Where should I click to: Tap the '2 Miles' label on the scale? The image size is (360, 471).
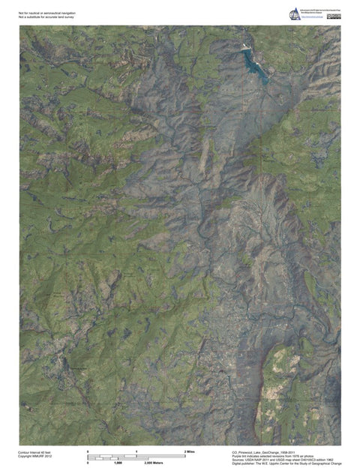190,451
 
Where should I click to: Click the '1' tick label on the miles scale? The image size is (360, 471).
136,451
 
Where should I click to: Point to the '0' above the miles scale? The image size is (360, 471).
88,451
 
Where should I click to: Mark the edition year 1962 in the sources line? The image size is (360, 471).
327,460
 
